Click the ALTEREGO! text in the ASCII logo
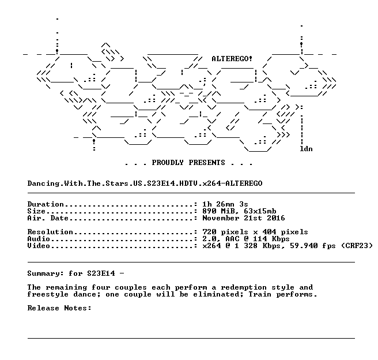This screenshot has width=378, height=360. pyautogui.click(x=232, y=59)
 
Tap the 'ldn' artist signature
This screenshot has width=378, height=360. pyautogui.click(x=306, y=149)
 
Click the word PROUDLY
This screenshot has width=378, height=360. pyautogui.click(x=168, y=162)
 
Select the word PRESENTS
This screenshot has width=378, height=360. pyautogui.click(x=207, y=162)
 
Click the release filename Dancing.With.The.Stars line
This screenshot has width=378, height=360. pyautogui.click(x=145, y=183)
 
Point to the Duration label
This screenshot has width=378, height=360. pyautogui.click(x=46, y=204)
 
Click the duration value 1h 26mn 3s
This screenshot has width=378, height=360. pyautogui.click(x=225, y=204)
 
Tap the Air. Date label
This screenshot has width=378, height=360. pyautogui.click(x=48, y=218)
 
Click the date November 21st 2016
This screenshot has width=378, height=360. pyautogui.click(x=244, y=218)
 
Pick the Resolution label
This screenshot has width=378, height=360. pyautogui.click(x=50, y=232)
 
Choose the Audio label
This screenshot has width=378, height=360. pyautogui.click(x=39, y=239)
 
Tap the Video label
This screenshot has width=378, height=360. pyautogui.click(x=39, y=246)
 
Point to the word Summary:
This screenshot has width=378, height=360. pyautogui.click(x=46, y=273)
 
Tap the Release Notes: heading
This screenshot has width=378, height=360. pyautogui.click(x=59, y=308)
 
